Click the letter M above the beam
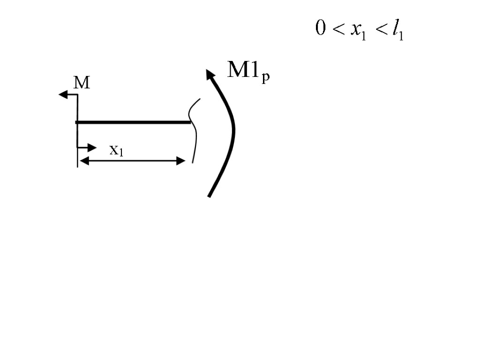pyautogui.click(x=82, y=83)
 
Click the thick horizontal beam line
pyautogui.click(x=134, y=122)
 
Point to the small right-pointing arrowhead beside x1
pyautogui.click(x=92, y=148)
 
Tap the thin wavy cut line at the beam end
pyautogui.click(x=192, y=131)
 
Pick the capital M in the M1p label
pyautogui.click(x=238, y=70)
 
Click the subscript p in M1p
pyautogui.click(x=266, y=77)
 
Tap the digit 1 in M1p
pyautogui.click(x=254, y=70)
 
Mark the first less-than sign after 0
pyautogui.click(x=337, y=30)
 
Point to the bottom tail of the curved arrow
pyautogui.click(x=210, y=194)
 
